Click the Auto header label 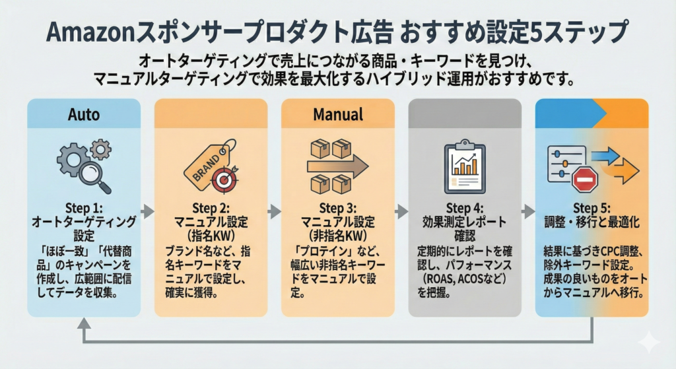coord(84,114)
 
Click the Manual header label coord(338,114)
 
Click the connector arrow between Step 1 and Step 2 coord(148,211)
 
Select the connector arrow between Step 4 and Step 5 coord(528,211)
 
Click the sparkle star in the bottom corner coord(649,342)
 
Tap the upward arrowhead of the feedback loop coord(84,323)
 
